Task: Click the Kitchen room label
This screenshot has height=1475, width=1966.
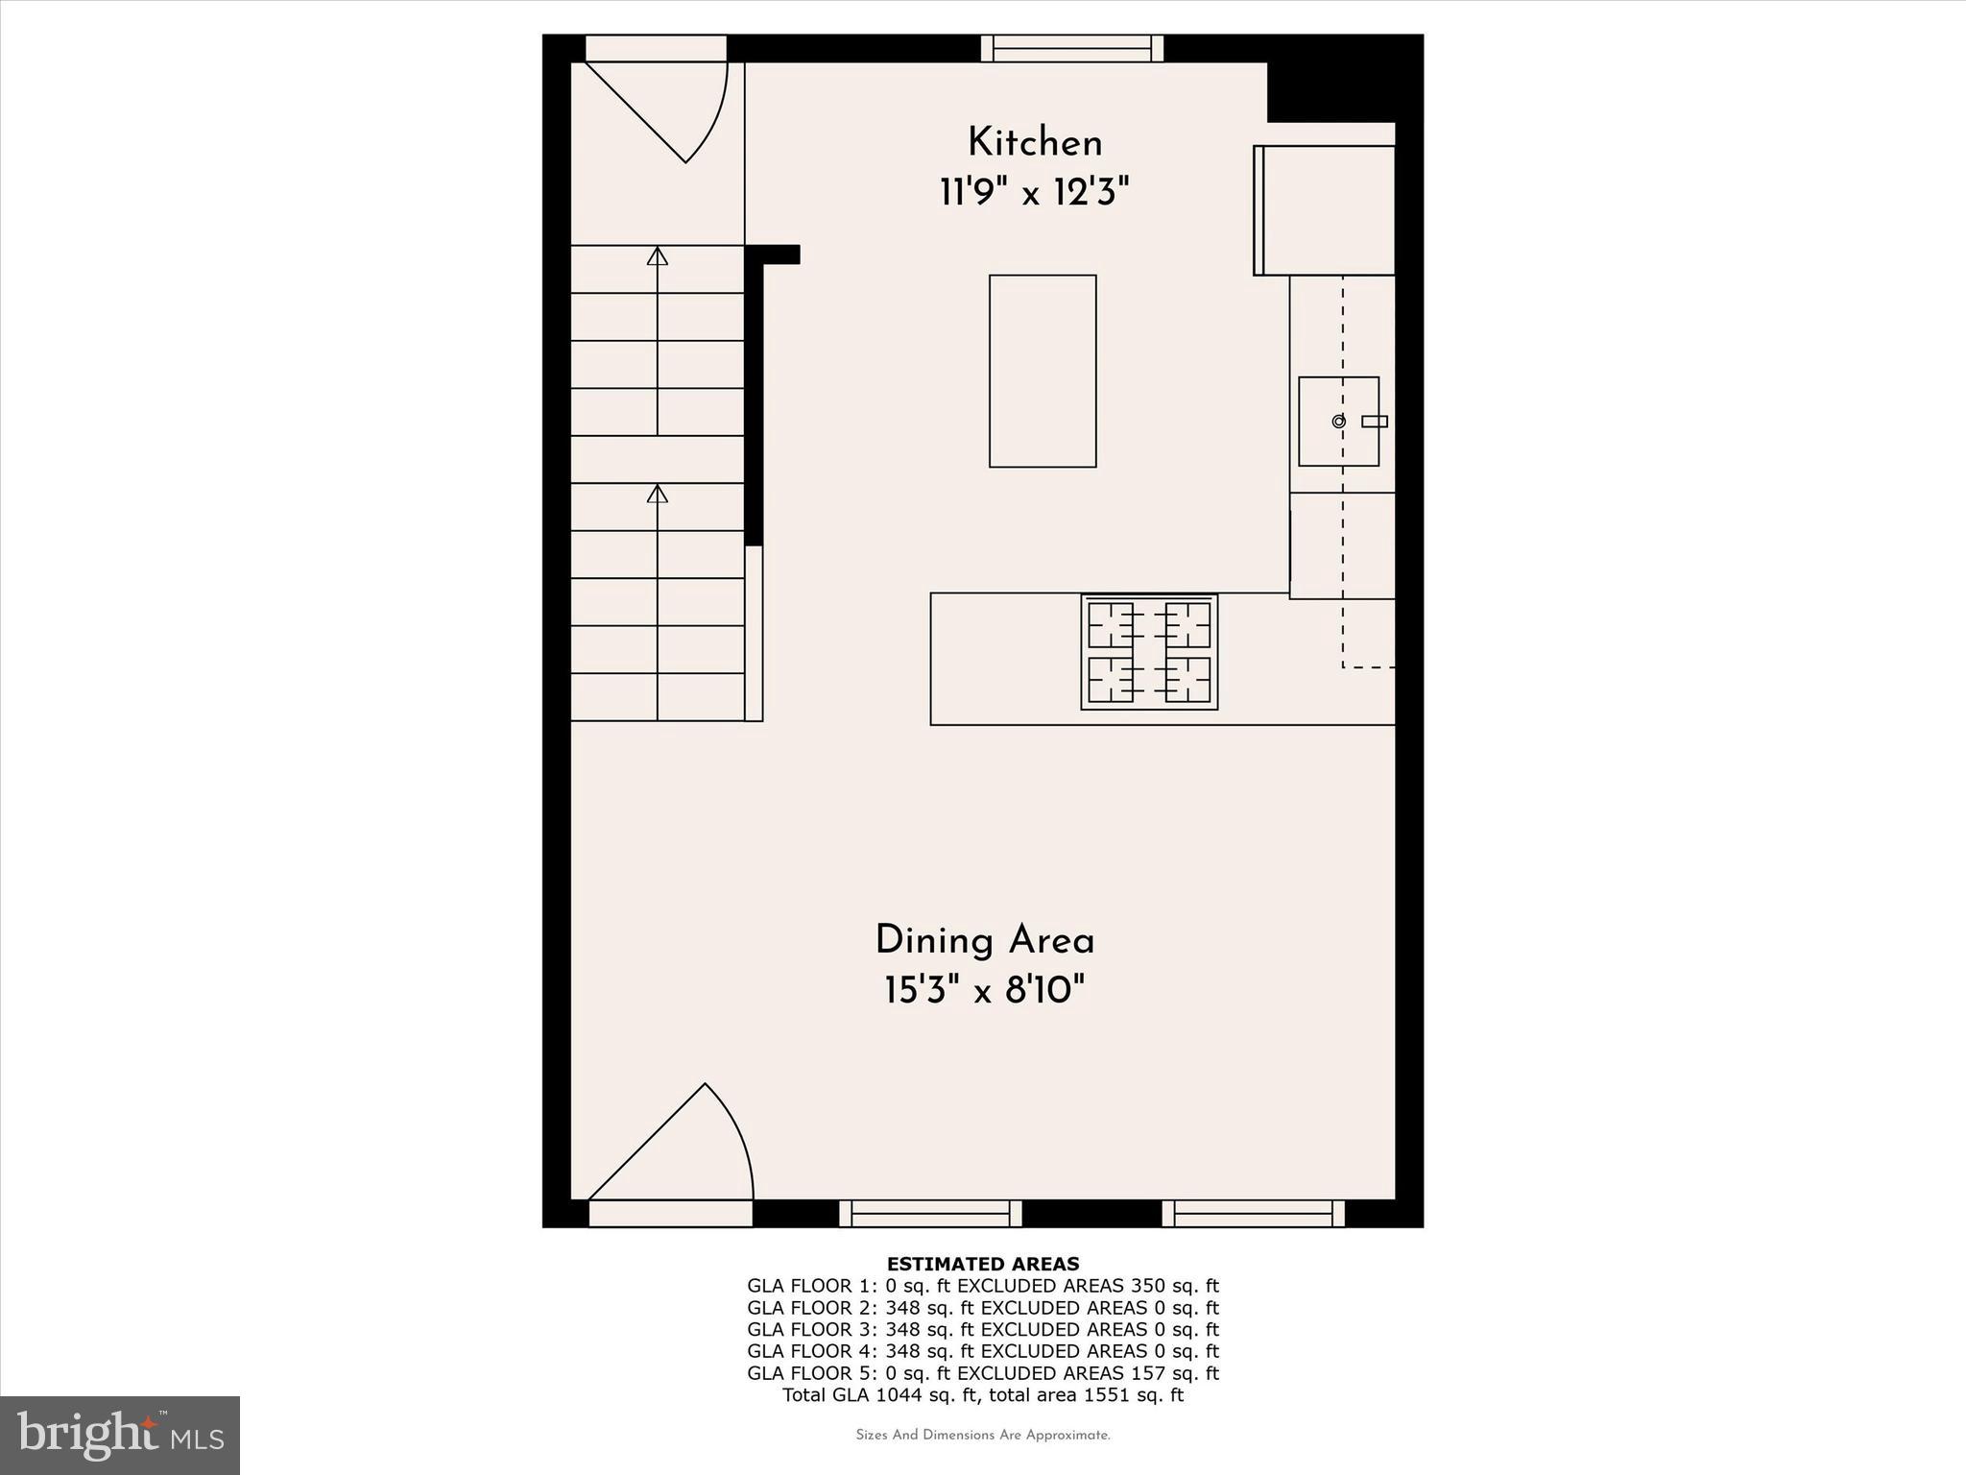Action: point(1035,143)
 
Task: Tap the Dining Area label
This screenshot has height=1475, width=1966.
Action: point(985,940)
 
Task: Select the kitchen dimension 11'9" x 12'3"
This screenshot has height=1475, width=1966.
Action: point(1034,193)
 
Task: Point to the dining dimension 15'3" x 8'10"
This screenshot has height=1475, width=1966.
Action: point(985,990)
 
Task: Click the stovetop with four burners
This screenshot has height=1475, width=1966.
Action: point(1149,652)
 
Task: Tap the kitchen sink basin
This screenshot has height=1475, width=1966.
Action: point(1338,422)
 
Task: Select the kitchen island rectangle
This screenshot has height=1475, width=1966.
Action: point(1043,372)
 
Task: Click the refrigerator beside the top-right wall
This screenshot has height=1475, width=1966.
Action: point(1325,210)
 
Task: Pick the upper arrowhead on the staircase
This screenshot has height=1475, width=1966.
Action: point(658,256)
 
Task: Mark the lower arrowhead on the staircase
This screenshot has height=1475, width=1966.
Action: point(658,494)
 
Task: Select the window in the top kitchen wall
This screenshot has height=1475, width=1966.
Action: point(1072,48)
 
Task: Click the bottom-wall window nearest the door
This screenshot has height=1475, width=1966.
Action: point(930,1214)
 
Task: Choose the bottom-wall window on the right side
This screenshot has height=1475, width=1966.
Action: point(1253,1214)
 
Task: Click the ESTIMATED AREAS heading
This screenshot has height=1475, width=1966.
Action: point(983,1264)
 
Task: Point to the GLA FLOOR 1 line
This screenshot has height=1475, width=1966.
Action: point(983,1286)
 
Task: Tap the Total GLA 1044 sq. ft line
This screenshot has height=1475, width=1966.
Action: point(983,1395)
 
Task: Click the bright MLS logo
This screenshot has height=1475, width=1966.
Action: point(120,1435)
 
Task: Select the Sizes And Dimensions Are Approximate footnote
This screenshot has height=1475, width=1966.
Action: point(983,1436)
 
